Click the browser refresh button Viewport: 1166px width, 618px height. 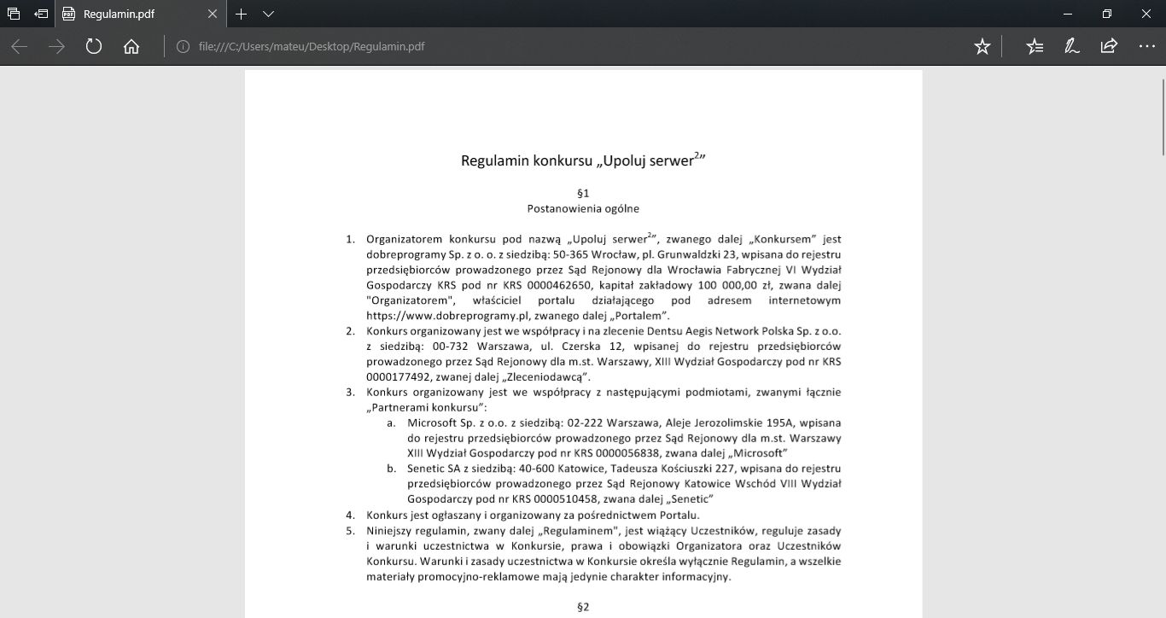tap(94, 46)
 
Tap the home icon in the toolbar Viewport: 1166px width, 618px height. tap(131, 46)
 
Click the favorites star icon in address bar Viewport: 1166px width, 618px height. tap(982, 46)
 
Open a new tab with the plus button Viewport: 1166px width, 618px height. tap(242, 15)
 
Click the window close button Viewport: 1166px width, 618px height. tap(1146, 15)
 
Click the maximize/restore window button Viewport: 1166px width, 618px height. tap(1107, 15)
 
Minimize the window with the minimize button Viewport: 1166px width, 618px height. tap(1068, 15)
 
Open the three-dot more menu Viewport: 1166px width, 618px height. tap(1146, 46)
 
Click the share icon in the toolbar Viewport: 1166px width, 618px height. tap(1109, 46)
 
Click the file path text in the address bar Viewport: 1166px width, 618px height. tap(312, 46)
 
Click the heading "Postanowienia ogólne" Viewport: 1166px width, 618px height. tap(583, 208)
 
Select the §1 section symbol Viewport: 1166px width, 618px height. tap(583, 193)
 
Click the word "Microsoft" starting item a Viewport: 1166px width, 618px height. tap(434, 423)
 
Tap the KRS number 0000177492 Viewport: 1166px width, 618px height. tap(399, 376)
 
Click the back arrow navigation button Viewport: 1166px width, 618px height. tap(20, 46)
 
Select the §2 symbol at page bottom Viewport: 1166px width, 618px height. tap(584, 608)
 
